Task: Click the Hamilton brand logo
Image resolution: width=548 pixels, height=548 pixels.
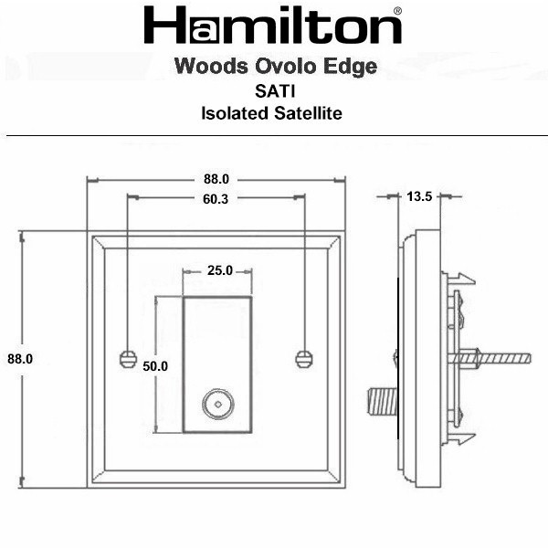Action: (x=272, y=25)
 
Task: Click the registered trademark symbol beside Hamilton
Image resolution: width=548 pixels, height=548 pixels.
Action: (x=397, y=11)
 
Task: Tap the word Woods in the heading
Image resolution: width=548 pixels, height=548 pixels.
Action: (x=212, y=66)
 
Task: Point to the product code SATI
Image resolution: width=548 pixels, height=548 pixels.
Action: (x=275, y=91)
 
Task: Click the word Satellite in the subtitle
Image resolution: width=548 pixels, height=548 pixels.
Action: (x=308, y=113)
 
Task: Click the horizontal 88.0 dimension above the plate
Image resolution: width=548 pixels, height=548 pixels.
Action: (x=216, y=179)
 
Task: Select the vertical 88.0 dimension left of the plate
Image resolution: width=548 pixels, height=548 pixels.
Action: (x=20, y=359)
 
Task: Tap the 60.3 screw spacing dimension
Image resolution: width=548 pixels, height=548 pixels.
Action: (x=216, y=199)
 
